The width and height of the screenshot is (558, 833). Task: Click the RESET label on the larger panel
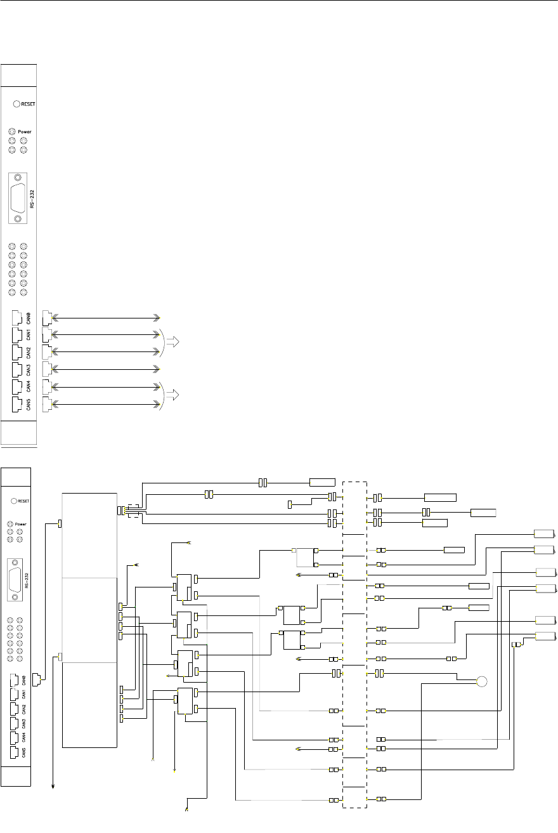pyautogui.click(x=29, y=104)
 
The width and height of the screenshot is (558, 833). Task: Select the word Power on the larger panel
pyautogui.click(x=25, y=131)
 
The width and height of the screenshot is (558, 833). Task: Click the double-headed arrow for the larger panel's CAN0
pyautogui.click(x=105, y=316)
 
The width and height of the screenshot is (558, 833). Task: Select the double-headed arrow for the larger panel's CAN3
pyautogui.click(x=105, y=368)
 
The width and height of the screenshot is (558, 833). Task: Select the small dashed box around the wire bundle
pyautogui.click(x=134, y=509)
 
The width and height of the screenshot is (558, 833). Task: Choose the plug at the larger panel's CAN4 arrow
pyautogui.click(x=46, y=386)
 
